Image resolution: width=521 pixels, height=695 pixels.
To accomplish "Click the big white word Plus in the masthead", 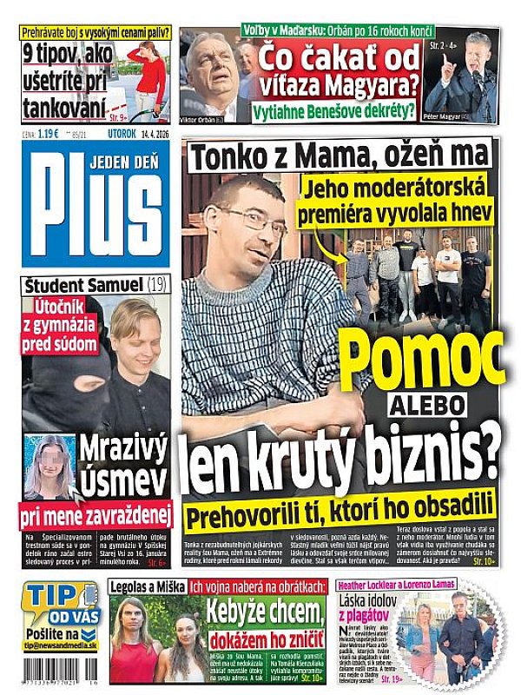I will click(96, 208).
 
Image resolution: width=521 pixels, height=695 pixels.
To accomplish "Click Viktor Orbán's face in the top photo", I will click(213, 69).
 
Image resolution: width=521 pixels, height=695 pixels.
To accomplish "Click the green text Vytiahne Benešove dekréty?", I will click(333, 111).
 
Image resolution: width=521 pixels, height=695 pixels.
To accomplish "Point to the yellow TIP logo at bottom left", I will click(54, 598).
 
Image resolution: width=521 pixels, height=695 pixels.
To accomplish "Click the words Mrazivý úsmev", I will click(129, 465).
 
